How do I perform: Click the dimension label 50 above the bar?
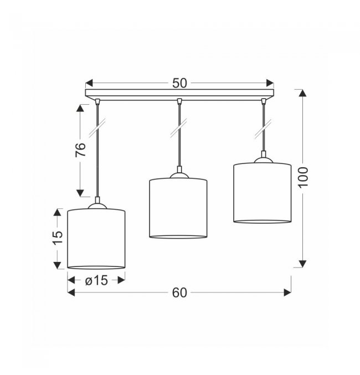pyautogui.click(x=179, y=83)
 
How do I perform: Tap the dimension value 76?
pyautogui.click(x=81, y=150)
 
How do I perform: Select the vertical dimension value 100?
pyautogui.click(x=303, y=178)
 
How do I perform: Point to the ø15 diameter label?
pyautogui.click(x=96, y=280)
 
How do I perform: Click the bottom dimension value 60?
pyautogui.click(x=179, y=292)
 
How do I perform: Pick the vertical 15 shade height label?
pyautogui.click(x=58, y=238)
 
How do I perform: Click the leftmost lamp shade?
pyautogui.click(x=96, y=239)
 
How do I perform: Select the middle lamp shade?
pyautogui.click(x=178, y=208)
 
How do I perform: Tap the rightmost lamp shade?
pyautogui.click(x=263, y=193)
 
